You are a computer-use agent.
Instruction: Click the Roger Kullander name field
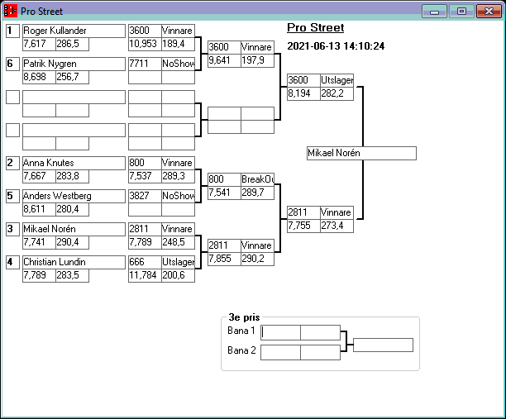click(x=74, y=31)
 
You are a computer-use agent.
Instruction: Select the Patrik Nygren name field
click(x=74, y=64)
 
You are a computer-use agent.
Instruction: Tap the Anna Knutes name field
click(x=74, y=163)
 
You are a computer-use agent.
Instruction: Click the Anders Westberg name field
click(x=74, y=196)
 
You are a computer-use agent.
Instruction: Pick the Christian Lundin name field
click(x=74, y=262)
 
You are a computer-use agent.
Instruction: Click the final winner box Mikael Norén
click(x=360, y=154)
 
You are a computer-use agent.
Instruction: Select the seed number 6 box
click(x=12, y=64)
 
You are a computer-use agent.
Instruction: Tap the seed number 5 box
click(x=12, y=196)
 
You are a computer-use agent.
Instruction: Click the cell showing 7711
click(x=145, y=64)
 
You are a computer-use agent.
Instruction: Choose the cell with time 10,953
click(x=145, y=44)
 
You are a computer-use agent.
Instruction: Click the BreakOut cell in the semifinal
click(x=257, y=179)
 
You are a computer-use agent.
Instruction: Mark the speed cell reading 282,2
click(x=337, y=93)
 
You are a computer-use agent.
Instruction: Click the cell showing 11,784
click(x=145, y=275)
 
